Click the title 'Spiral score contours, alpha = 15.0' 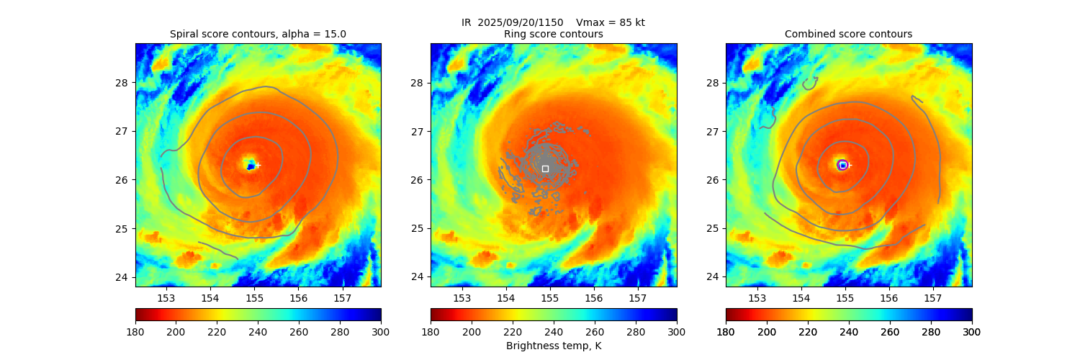258,34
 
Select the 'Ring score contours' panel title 553,34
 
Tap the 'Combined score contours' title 848,34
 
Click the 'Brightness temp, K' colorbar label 553,346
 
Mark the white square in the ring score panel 545,168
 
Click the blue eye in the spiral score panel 251,166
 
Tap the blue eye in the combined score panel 842,165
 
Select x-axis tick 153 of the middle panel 462,297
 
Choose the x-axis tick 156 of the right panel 888,297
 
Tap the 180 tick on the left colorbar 135,331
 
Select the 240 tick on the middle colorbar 554,331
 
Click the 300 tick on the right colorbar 972,331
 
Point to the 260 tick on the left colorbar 299,331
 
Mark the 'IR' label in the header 467,22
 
